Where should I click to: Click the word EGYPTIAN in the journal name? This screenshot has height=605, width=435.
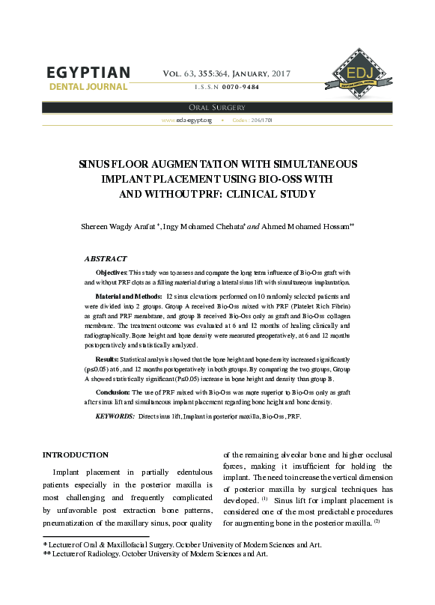pyautogui.click(x=88, y=73)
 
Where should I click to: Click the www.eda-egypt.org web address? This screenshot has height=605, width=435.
pyautogui.click(x=187, y=120)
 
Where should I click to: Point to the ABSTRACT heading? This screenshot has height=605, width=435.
pyautogui.click(x=106, y=258)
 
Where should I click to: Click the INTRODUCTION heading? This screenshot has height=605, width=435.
pyautogui.click(x=76, y=454)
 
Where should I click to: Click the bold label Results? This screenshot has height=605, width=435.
pyautogui.click(x=107, y=360)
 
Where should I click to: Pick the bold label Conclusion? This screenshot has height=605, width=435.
pyautogui.click(x=114, y=392)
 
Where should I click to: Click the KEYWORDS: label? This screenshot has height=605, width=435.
pyautogui.click(x=115, y=415)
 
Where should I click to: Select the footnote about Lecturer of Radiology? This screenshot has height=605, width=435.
pyautogui.click(x=155, y=554)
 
